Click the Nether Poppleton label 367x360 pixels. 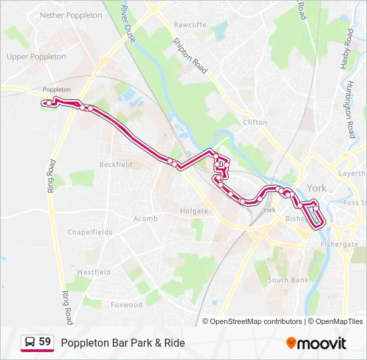[71, 15]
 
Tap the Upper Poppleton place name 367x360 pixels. [36, 57]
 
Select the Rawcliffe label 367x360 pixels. [190, 25]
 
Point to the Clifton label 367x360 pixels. [255, 122]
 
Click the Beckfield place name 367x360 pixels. [115, 164]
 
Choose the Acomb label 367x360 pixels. [145, 219]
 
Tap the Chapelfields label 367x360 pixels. [90, 232]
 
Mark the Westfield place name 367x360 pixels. [93, 272]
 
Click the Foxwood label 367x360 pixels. [126, 305]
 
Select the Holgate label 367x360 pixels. [194, 211]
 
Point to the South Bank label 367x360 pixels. [288, 280]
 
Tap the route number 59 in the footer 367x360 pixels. [45, 342]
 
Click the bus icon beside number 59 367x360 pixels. [29, 343]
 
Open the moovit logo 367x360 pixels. [316, 343]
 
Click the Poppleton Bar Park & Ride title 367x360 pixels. [123, 343]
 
